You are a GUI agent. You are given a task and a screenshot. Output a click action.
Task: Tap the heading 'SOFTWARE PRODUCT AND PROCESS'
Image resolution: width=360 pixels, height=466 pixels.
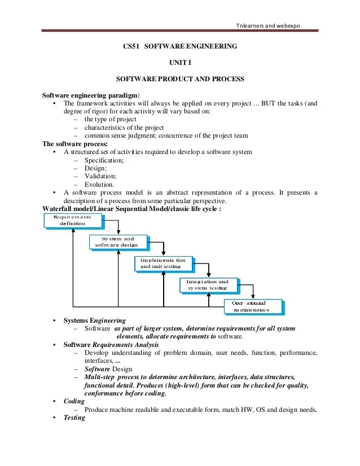[179, 79]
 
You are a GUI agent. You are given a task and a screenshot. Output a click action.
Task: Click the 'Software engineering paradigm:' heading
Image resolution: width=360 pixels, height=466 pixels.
[91, 95]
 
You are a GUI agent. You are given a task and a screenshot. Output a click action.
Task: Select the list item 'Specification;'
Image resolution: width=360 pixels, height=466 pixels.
[104, 160]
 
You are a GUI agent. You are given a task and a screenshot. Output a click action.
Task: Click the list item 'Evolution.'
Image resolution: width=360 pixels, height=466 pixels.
[99, 184]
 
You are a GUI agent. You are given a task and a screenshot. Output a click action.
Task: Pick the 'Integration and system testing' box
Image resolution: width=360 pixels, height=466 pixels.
[208, 284]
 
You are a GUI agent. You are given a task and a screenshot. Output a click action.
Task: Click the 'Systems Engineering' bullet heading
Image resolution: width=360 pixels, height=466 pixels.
[95, 320]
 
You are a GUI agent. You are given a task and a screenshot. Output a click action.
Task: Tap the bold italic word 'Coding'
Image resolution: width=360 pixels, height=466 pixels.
[74, 401]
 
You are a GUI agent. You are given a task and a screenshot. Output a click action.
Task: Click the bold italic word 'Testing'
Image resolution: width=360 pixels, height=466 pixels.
[74, 417]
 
